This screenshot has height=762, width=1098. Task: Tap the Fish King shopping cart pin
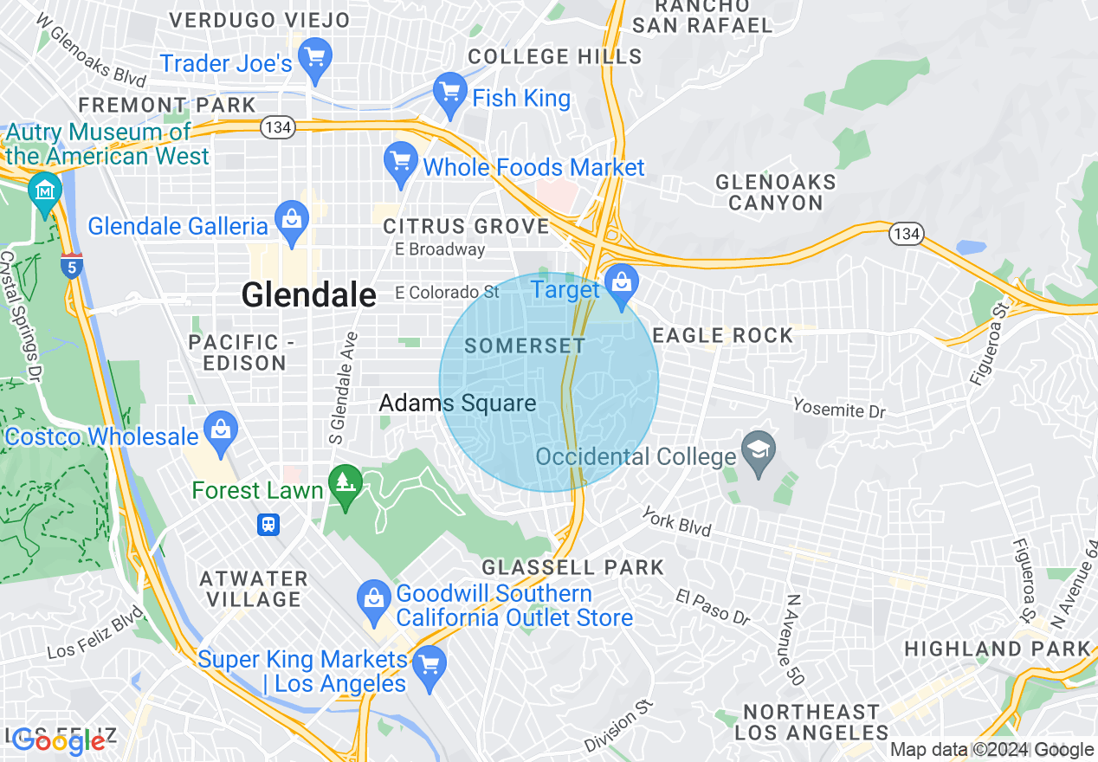point(449,94)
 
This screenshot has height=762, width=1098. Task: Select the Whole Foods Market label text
point(533,168)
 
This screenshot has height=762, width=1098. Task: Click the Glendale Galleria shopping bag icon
point(292,222)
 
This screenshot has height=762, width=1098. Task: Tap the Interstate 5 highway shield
point(73,266)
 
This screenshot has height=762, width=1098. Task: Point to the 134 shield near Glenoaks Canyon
point(906,233)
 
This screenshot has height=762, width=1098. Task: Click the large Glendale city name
point(308,295)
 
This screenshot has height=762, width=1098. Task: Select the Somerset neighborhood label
point(525,346)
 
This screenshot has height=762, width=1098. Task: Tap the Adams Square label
point(457,404)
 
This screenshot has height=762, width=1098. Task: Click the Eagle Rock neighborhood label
point(722,336)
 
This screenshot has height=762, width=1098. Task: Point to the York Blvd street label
point(676,521)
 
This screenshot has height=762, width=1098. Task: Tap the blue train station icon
point(268,525)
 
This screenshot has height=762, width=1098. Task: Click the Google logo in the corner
point(59,741)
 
